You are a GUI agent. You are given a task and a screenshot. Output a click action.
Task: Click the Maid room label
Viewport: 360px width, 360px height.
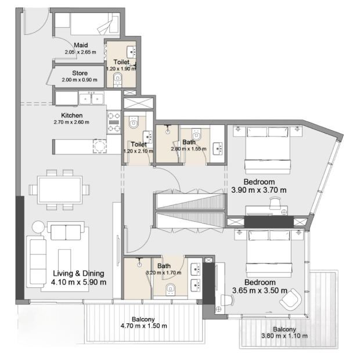81,45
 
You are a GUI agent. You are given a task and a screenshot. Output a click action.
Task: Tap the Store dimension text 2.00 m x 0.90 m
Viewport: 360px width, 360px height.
80,80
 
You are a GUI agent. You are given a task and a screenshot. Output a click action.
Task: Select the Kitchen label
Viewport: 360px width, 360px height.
71,115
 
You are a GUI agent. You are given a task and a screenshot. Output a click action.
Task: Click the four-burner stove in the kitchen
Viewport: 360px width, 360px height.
114,122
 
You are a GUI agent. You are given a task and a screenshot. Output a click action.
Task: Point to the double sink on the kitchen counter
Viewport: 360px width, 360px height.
91,98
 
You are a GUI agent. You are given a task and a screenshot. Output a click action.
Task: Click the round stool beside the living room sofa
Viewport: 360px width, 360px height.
38,227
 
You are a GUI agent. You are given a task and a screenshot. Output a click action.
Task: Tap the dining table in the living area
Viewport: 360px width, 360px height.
60,190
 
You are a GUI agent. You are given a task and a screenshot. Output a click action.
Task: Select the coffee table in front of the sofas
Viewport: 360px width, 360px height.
64,261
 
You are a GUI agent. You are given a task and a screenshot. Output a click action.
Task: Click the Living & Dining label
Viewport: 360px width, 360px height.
78,273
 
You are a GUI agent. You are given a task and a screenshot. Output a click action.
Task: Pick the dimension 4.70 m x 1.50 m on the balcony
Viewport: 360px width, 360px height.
144,326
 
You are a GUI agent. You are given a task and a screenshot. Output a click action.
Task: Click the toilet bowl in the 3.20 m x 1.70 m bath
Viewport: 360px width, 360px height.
170,289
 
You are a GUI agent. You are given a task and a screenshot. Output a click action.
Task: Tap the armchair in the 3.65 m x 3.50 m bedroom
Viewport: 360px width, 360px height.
290,298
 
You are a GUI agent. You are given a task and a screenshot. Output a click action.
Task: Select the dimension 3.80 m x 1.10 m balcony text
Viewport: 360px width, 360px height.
285,336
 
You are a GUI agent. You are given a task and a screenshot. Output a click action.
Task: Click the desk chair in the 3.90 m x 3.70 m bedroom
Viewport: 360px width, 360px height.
275,204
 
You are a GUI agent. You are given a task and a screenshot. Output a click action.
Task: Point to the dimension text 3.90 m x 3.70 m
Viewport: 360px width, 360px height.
259,190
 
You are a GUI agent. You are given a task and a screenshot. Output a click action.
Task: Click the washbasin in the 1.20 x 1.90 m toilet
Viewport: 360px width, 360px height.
131,52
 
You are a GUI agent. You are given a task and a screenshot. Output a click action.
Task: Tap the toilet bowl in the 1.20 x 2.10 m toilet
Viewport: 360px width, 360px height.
134,123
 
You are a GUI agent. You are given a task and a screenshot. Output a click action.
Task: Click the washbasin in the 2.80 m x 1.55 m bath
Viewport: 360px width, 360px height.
217,149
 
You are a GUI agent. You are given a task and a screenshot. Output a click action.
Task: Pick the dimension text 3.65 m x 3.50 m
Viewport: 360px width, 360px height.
260,291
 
